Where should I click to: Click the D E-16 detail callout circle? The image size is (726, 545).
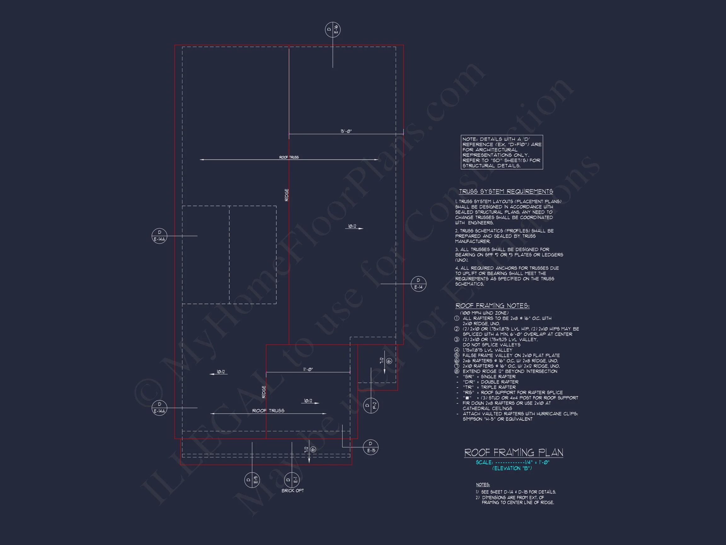pos(332,30)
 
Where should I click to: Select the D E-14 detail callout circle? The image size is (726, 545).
pos(418,284)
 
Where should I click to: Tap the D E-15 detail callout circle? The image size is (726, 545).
pos(371,447)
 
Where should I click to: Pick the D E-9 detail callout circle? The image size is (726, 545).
pos(252,480)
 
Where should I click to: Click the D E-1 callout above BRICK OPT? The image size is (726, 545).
pos(292,480)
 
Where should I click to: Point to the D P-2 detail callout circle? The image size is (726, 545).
pos(371,405)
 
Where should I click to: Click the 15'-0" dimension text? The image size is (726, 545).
pos(346,132)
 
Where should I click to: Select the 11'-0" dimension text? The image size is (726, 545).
pos(308,370)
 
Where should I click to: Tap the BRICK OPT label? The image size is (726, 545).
pos(292,491)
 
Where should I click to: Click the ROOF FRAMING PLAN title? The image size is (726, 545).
pos(514,453)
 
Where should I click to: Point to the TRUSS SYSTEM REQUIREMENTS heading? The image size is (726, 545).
pos(506,191)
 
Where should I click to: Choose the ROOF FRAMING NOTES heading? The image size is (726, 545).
pos(492,306)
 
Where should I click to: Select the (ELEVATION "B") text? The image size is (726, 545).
pos(512,468)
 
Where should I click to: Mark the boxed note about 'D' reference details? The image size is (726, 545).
pos(502,152)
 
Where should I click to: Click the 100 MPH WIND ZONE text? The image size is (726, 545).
pos(484,313)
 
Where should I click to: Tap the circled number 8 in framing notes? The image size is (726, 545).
pos(457,371)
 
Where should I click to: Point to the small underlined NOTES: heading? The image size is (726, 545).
pos(483,485)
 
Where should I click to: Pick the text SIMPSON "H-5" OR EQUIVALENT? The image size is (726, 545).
pos(498,419)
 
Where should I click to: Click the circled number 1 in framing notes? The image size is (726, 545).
pos(457,318)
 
